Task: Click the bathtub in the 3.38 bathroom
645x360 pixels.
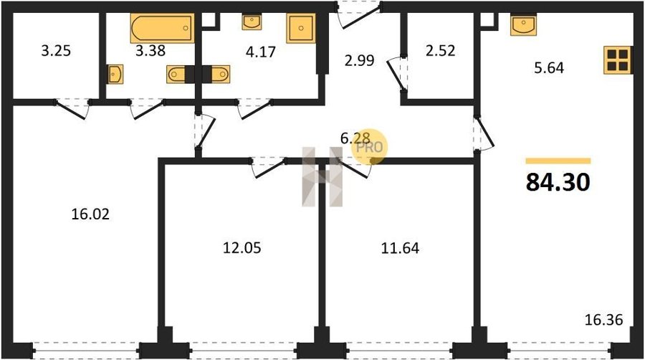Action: [x=162, y=28]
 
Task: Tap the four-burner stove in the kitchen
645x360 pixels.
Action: [x=618, y=60]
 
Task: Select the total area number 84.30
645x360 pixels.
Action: [x=558, y=182]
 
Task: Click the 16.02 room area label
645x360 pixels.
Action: [x=90, y=214]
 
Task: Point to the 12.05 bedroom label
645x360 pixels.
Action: [x=242, y=248]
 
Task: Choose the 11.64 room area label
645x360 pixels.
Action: [x=400, y=248]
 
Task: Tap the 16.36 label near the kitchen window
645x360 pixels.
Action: [x=604, y=319]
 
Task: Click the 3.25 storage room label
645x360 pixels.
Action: [x=56, y=51]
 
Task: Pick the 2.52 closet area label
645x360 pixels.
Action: [x=441, y=51]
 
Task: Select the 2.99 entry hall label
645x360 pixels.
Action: [x=360, y=60]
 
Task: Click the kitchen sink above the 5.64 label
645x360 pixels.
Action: [x=524, y=25]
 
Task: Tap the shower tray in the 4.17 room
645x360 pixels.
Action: [x=301, y=28]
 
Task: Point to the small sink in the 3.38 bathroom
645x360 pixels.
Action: [x=115, y=74]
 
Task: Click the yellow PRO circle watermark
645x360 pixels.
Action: [x=369, y=146]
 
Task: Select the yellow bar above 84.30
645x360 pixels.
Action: [x=558, y=161]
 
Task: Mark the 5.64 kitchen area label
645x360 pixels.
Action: [x=549, y=67]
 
